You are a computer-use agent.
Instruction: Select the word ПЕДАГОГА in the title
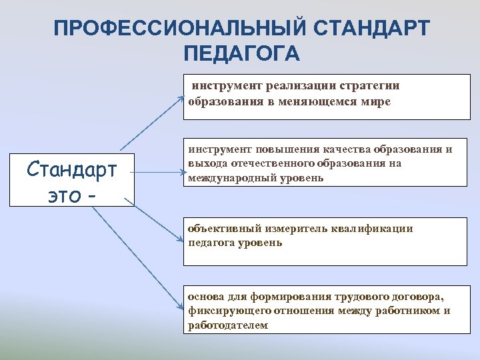(241, 53)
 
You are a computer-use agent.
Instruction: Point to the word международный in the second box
(229, 178)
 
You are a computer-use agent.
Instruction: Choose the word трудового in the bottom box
(341, 296)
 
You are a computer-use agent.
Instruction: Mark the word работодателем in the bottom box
(227, 325)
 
